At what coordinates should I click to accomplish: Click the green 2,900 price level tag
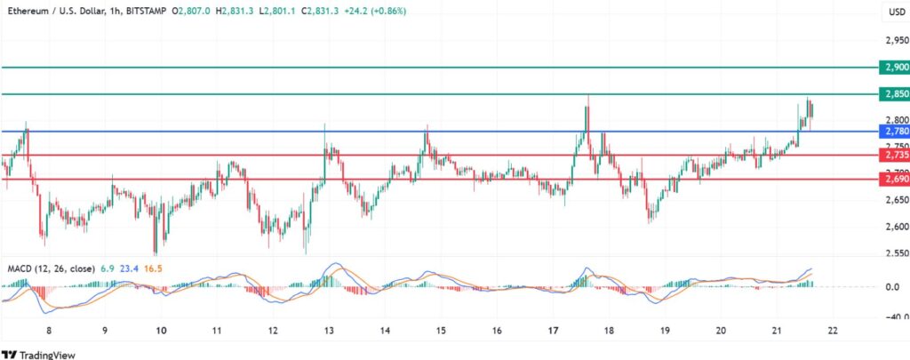(x=893, y=68)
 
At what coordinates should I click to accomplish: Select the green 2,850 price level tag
(x=893, y=94)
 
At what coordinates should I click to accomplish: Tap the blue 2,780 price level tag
(x=893, y=132)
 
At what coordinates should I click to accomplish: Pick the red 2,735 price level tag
(x=893, y=155)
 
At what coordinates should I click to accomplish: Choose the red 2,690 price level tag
(x=893, y=179)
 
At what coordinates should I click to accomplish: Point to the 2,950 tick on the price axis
(x=896, y=40)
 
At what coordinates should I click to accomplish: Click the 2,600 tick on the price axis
(x=896, y=227)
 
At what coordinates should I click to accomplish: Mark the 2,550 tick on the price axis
(x=896, y=253)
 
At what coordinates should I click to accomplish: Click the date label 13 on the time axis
(x=329, y=330)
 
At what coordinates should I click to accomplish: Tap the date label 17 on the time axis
(x=553, y=330)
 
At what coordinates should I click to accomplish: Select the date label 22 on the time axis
(x=832, y=330)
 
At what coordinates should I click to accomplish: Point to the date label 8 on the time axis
(x=50, y=330)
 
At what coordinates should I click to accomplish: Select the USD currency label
(x=896, y=11)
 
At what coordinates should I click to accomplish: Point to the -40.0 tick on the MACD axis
(x=895, y=316)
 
